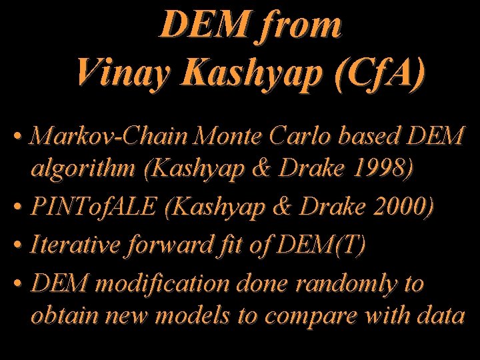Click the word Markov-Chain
[x=110, y=137]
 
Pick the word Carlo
[x=307, y=137]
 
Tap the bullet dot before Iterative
[x=18, y=247]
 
